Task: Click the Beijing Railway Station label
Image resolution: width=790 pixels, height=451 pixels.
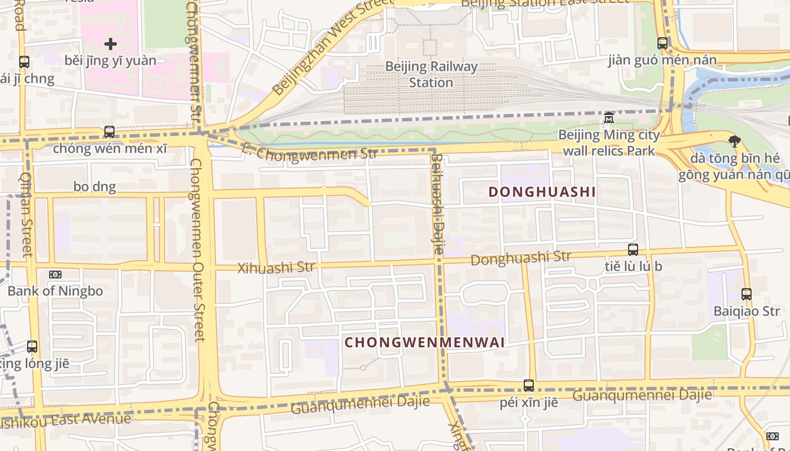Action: (x=431, y=74)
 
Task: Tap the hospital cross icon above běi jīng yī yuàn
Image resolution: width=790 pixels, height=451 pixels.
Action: (x=111, y=43)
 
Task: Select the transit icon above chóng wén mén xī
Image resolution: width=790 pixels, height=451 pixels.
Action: (x=109, y=132)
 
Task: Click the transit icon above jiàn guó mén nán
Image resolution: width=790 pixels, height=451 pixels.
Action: (x=662, y=43)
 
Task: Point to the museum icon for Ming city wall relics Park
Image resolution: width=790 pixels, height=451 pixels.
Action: (x=609, y=118)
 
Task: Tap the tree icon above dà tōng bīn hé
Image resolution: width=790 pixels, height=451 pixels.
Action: (x=734, y=142)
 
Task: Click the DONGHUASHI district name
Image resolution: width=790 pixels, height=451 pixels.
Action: (x=542, y=192)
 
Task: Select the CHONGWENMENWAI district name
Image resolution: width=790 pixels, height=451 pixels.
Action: (x=424, y=343)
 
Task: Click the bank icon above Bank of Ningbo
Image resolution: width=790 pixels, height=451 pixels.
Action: (x=55, y=275)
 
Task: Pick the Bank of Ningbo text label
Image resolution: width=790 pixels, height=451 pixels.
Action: (x=55, y=291)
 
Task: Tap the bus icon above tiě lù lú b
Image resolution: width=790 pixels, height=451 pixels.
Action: (x=633, y=250)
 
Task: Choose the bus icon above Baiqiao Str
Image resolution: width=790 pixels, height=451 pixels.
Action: (x=747, y=294)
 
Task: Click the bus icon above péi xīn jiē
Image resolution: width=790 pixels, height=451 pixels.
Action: (x=529, y=386)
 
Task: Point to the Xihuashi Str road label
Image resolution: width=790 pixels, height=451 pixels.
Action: (x=276, y=268)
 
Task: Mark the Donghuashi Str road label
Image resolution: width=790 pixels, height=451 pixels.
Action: (x=520, y=259)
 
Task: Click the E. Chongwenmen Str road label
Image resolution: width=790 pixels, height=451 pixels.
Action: (x=309, y=152)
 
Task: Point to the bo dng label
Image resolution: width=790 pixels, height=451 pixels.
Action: (x=95, y=187)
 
